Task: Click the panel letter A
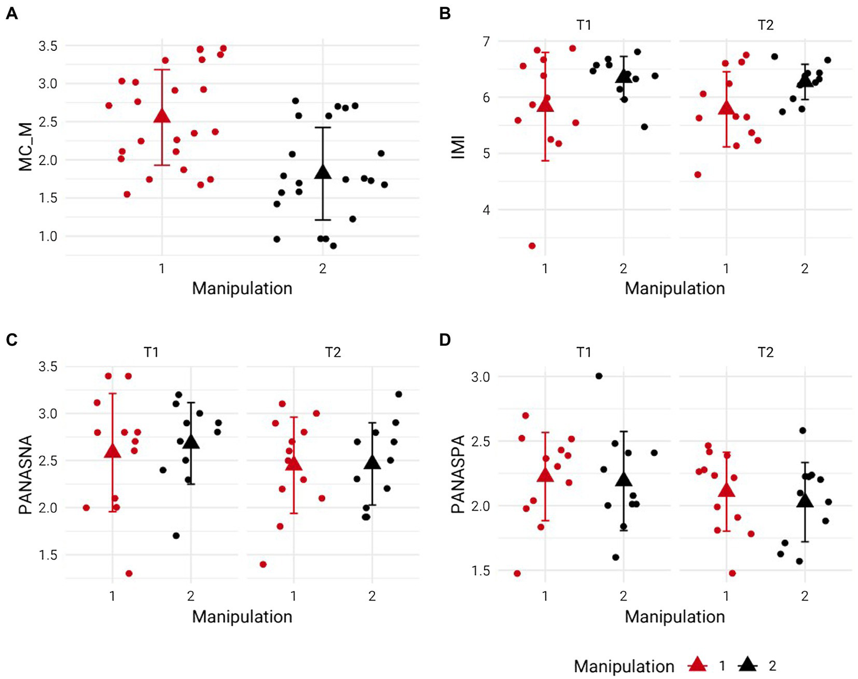(11, 13)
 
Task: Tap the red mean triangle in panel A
(162, 115)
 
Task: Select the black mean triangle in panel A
(323, 172)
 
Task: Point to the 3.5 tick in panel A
(48, 45)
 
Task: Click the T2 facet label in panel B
(765, 25)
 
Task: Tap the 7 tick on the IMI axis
(486, 41)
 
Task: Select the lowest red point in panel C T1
(129, 573)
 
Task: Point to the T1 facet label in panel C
(151, 352)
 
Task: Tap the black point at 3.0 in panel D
(599, 376)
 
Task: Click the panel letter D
(445, 340)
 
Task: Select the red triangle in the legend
(697, 665)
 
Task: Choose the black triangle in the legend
(747, 665)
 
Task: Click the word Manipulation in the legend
(624, 666)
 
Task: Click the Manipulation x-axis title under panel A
(242, 289)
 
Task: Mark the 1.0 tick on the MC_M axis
(48, 236)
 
